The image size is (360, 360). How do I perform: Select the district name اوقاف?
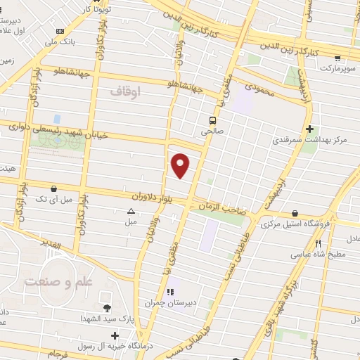coord(126,91)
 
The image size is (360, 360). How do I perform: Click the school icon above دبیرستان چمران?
coord(169,292)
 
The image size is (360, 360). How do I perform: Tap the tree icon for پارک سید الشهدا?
coord(107,308)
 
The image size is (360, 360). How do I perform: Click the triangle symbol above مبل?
coord(131,211)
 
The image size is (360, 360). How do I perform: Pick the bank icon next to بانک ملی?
coord(59,32)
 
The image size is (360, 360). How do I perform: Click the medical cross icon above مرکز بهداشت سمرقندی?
coord(310,129)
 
